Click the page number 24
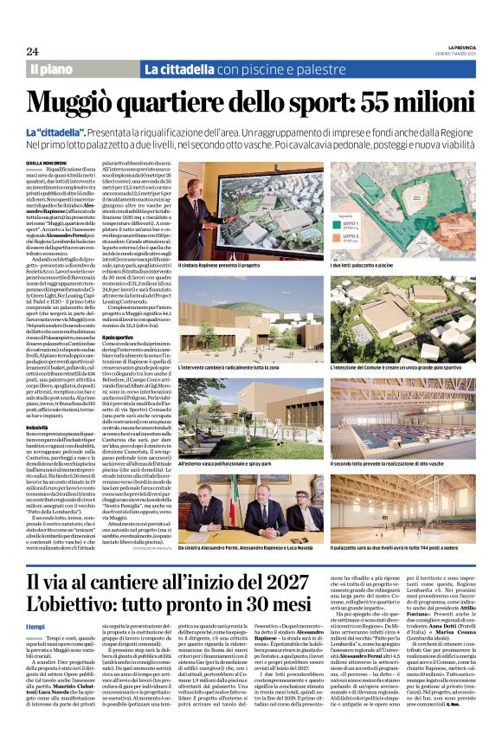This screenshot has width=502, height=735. (x=32, y=52)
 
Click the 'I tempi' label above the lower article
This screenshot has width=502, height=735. (x=36, y=626)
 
